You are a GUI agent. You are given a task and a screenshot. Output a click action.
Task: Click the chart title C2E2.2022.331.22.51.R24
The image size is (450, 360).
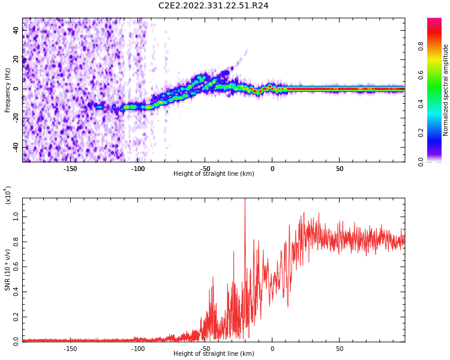(x=213, y=5)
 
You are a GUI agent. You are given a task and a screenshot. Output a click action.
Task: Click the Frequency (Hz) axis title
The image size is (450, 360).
(x=7, y=91)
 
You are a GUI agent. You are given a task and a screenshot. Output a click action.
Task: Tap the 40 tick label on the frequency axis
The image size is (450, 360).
(x=16, y=30)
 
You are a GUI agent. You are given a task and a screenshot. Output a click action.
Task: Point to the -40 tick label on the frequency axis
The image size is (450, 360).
(x=16, y=148)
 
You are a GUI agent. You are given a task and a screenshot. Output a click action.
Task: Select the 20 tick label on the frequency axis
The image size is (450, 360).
(x=16, y=59)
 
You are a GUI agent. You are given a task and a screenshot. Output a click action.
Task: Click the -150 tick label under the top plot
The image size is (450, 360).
(x=70, y=169)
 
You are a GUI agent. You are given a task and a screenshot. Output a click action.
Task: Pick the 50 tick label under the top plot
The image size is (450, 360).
(x=340, y=169)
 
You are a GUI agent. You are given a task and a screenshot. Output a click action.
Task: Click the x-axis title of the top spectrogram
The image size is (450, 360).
(x=214, y=173)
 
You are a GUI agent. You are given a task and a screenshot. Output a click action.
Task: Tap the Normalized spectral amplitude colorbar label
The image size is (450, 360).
(x=445, y=90)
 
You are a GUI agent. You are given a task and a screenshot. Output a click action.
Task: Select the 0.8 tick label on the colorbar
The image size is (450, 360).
(x=421, y=46)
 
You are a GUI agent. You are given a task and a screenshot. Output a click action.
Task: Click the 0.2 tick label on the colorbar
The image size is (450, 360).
(x=421, y=133)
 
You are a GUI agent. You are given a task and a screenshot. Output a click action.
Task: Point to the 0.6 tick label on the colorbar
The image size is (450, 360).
(x=421, y=75)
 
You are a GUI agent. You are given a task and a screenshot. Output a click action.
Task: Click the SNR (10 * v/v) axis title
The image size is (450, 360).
(x=7, y=269)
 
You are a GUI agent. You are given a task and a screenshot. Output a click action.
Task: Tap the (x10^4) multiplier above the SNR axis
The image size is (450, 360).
(x=8, y=195)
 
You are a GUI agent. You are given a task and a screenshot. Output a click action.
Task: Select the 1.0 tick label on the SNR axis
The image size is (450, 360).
(x=16, y=217)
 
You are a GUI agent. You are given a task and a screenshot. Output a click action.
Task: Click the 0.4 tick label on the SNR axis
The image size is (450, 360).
(x=16, y=292)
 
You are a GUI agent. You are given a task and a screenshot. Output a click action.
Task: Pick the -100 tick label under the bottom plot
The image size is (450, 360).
(x=138, y=349)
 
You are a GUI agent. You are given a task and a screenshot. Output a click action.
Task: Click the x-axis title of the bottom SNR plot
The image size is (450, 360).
(x=214, y=353)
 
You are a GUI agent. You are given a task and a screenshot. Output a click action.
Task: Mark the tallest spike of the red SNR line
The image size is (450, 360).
(x=245, y=199)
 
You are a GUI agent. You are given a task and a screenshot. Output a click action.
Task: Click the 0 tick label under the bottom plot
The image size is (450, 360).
(x=272, y=349)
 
